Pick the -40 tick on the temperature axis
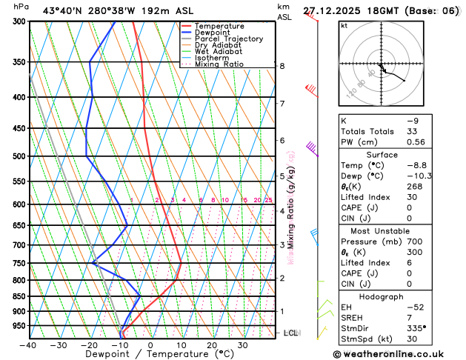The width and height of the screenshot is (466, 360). pos(28,344)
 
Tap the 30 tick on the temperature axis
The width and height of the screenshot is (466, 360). pos(242,344)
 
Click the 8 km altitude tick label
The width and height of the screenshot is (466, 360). pos(282,66)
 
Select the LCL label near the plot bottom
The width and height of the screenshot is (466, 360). pos(290,333)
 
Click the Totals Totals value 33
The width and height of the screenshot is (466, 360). pos(412,131)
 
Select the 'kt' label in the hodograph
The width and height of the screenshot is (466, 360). pos(344,25)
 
